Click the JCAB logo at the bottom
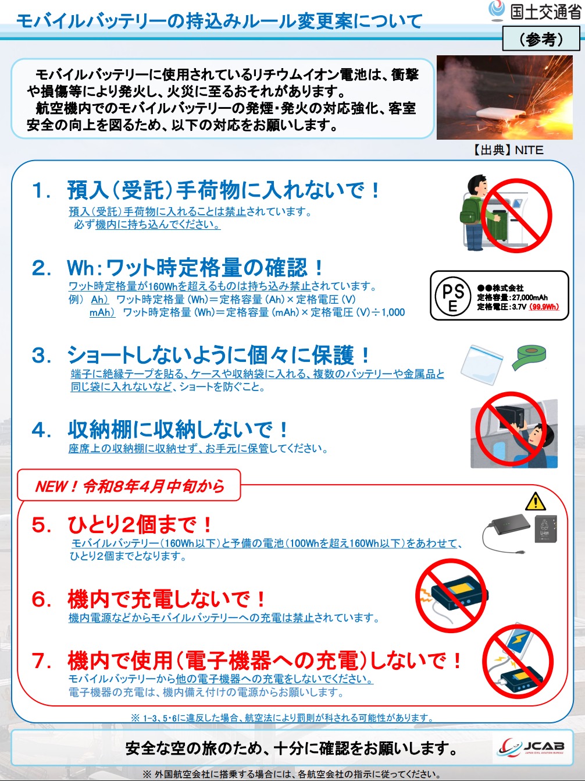[x=531, y=748]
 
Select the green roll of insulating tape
[x=529, y=357]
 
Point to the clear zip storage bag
[x=482, y=365]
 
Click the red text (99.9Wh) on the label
[x=544, y=307]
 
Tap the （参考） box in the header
[x=541, y=39]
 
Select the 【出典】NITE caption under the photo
[x=507, y=150]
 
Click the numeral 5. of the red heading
[x=42, y=525]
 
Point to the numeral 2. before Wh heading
[x=41, y=268]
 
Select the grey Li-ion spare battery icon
[x=546, y=529]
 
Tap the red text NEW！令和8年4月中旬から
[x=129, y=486]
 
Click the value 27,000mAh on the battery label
[x=530, y=297]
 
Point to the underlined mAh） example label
[x=102, y=313]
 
